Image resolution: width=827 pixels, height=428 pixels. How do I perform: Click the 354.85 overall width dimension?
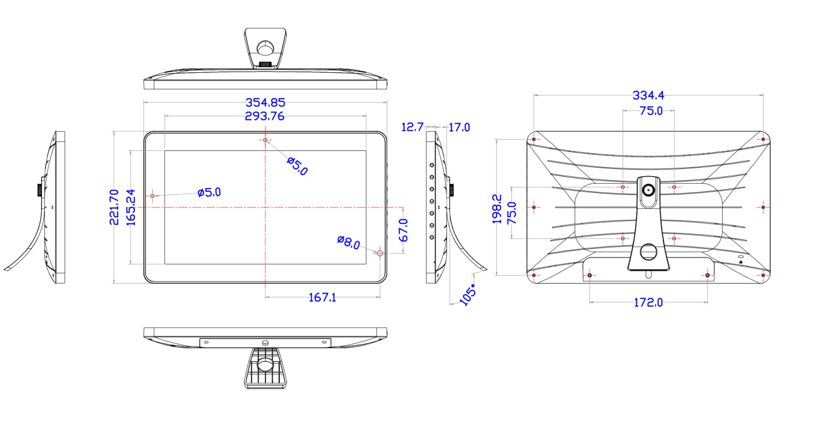point(265,102)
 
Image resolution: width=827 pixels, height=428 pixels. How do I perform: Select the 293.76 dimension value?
point(265,116)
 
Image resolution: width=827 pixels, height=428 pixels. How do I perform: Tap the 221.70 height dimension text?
point(114,207)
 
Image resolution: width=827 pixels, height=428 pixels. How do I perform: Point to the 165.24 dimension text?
point(131,207)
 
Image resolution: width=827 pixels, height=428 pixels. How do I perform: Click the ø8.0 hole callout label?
point(348,242)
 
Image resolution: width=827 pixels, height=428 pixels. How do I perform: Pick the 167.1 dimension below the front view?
point(322,297)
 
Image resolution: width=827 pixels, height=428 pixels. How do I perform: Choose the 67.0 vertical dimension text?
point(403,230)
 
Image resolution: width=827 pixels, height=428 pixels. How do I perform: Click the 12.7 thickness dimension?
point(412,127)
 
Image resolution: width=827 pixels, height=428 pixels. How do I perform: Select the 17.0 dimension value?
point(459,128)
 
